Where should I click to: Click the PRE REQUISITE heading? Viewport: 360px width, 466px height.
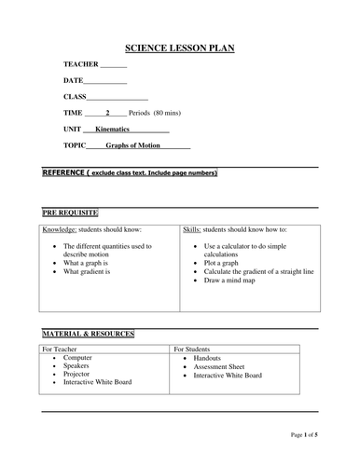click(x=71, y=212)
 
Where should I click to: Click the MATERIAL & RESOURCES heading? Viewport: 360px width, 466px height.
click(x=89, y=334)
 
